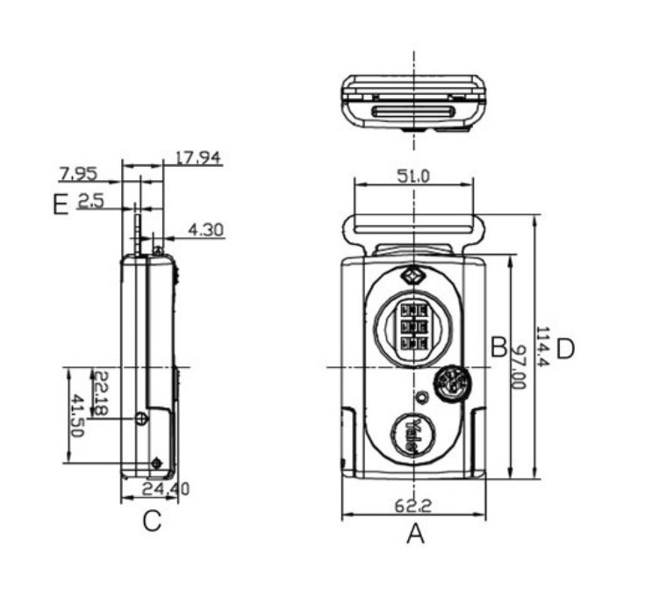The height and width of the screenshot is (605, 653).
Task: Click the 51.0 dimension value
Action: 413,176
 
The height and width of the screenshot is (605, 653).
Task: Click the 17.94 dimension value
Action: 197,158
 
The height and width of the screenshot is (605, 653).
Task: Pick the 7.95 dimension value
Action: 78,172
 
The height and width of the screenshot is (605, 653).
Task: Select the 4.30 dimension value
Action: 206,230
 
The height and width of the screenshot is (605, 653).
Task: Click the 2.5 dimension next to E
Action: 90,202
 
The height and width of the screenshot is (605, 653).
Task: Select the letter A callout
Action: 415,533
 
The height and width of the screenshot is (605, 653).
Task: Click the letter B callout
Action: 498,347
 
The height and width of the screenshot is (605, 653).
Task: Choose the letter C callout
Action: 152,522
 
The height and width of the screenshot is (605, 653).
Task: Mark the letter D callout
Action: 564,349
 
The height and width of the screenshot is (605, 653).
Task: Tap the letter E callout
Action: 60,206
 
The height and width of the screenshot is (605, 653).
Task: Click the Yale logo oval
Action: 413,435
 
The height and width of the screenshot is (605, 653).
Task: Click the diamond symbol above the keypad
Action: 413,276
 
